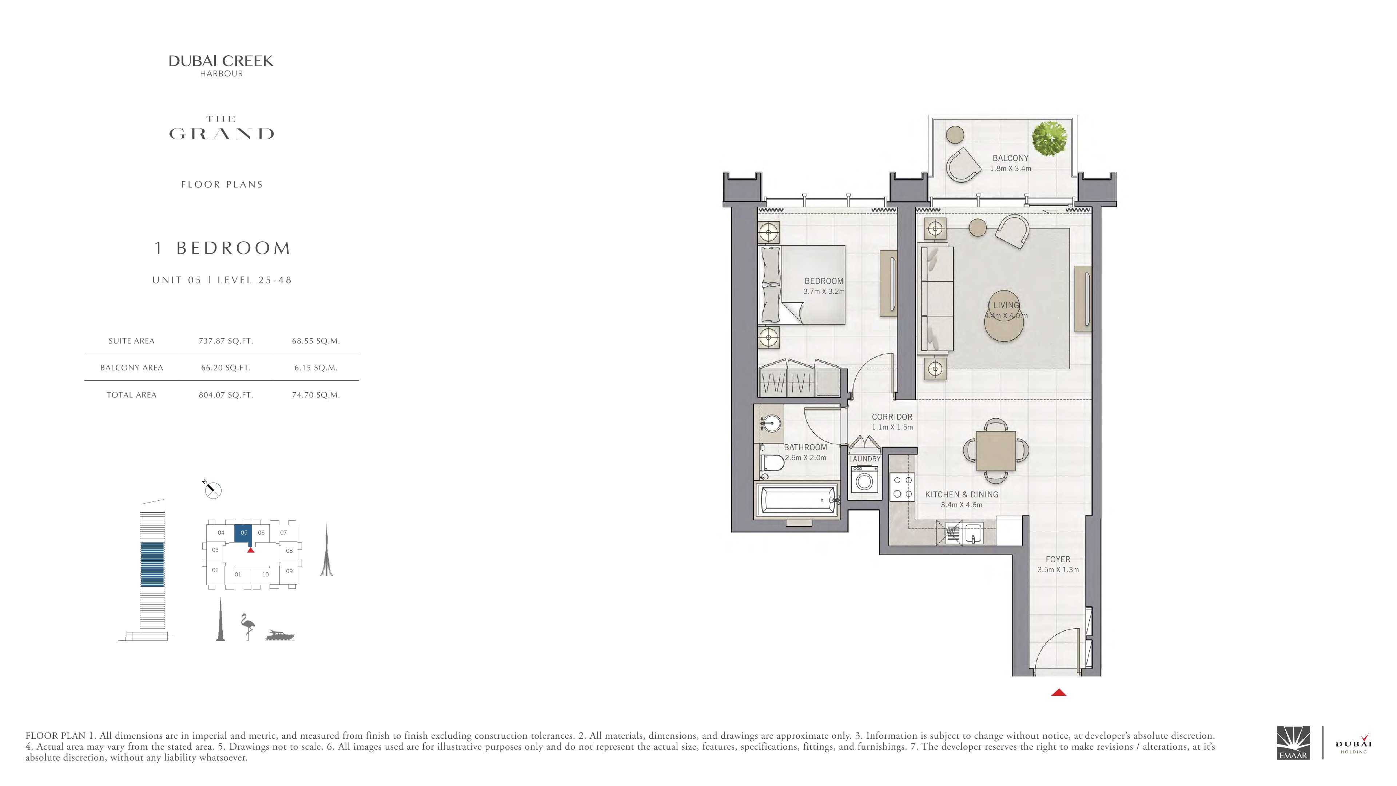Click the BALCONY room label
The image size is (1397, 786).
coord(1010,158)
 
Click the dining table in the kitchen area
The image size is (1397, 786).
coord(996,451)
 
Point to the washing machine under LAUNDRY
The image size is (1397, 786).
coord(864,480)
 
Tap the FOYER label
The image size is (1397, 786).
coord(1058,559)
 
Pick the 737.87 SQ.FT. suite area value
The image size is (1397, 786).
coord(226,341)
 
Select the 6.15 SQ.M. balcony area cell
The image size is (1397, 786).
coord(316,368)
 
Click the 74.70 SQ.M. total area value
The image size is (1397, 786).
coord(316,395)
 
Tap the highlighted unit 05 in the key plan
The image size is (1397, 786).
coord(243,534)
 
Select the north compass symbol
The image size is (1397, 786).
coord(212,490)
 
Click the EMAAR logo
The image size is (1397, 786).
coord(1293,743)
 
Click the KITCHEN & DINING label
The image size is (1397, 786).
coord(962,495)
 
